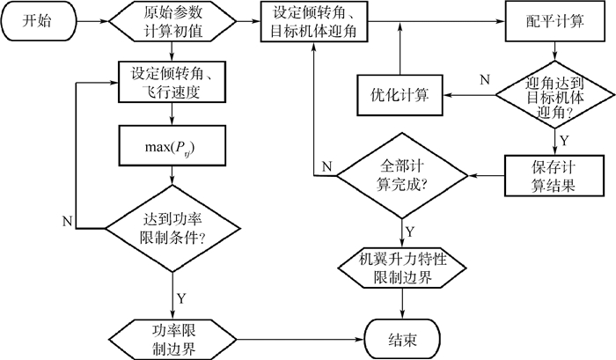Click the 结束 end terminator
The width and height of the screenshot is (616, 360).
(404, 334)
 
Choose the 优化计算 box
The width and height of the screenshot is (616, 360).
(400, 93)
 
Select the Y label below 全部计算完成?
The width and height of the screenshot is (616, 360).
(410, 232)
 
